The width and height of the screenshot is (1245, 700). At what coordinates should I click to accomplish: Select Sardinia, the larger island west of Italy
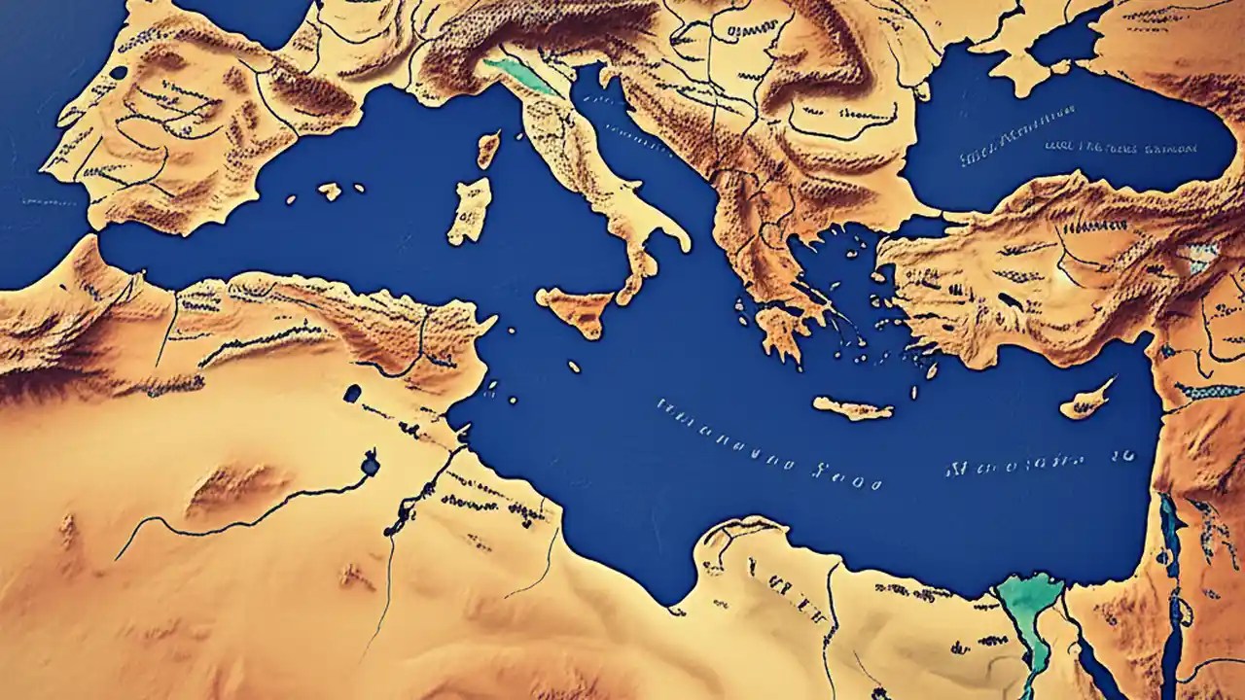[x=470, y=211]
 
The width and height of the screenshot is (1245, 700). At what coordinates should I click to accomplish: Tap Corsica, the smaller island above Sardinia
[x=487, y=149]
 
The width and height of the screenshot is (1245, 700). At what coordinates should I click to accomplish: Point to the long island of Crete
[x=852, y=408]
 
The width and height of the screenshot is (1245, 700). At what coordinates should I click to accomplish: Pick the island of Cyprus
[x=1085, y=400]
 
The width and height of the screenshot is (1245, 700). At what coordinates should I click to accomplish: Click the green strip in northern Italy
[x=519, y=74]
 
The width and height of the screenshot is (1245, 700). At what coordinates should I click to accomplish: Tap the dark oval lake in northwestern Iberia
[x=119, y=73]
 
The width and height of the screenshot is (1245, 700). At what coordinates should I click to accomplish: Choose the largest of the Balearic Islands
[x=330, y=191]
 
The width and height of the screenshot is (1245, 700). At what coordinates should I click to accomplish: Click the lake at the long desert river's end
[x=370, y=466]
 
